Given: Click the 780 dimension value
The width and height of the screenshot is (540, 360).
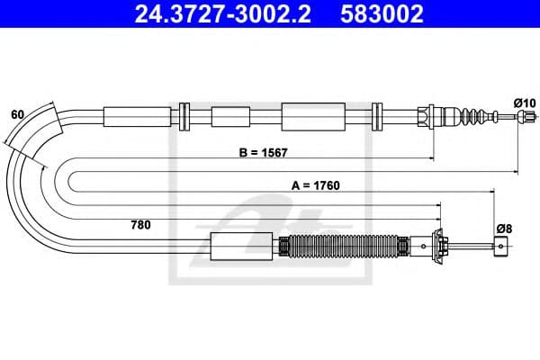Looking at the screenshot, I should (x=140, y=224).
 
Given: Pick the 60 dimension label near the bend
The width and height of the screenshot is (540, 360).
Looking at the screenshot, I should (x=17, y=114).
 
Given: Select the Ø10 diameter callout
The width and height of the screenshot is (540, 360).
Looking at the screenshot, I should (x=524, y=103).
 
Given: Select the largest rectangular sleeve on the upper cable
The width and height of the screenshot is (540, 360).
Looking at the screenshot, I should (x=313, y=116).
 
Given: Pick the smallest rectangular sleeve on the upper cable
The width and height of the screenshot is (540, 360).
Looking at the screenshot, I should (x=230, y=116).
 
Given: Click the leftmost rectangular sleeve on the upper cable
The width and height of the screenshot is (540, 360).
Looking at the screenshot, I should (x=137, y=116).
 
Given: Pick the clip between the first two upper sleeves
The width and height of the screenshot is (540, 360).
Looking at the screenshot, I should (x=185, y=116).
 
